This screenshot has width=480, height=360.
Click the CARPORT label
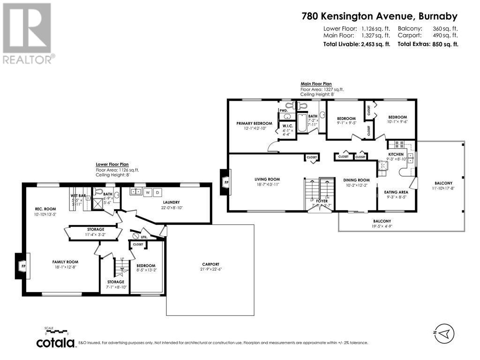coord(210,264)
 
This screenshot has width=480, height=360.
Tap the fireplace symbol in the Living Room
coord(225,182)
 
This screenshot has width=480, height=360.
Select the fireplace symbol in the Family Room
coord(22,265)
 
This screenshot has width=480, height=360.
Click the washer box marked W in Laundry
coord(148,192)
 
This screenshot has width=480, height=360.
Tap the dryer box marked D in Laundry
coord(157,192)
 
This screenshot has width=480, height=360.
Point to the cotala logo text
coord(56,343)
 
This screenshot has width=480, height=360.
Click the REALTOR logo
coord(28,33)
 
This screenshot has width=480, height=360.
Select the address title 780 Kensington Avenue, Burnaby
coord(379,16)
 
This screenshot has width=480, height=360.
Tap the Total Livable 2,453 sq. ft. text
coord(357,44)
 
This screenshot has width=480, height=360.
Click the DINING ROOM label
coord(357,180)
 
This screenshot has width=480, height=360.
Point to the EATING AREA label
coord(396,192)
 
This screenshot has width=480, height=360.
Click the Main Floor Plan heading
coord(316,84)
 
